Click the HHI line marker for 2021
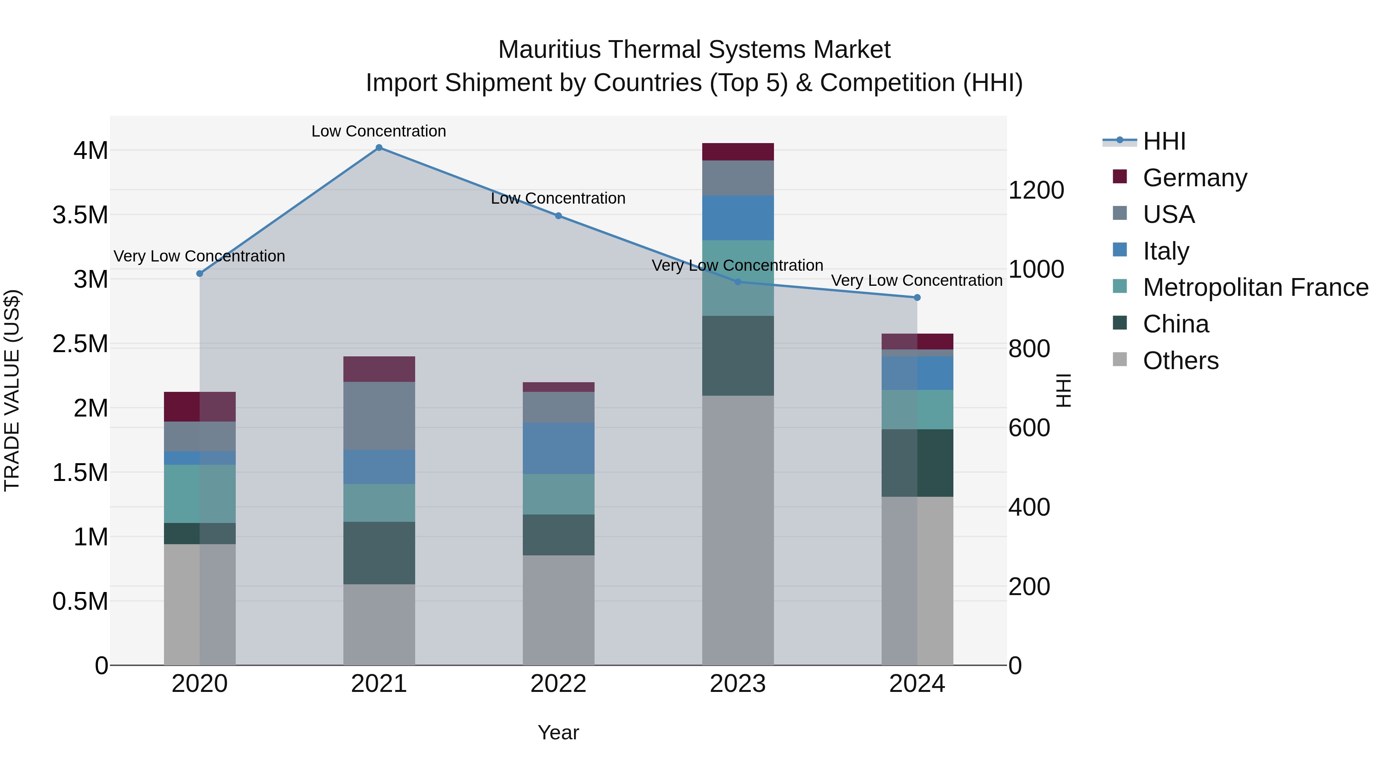(x=379, y=148)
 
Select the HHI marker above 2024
(x=917, y=297)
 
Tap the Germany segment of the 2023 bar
(x=738, y=152)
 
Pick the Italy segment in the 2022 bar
(x=559, y=449)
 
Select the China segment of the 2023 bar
(x=738, y=356)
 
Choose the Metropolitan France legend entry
(x=1255, y=287)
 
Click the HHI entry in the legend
(x=1164, y=141)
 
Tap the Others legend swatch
(x=1120, y=359)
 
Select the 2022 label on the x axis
(x=559, y=684)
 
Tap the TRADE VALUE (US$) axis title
(x=12, y=390)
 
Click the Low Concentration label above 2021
(x=379, y=131)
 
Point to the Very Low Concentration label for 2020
(x=199, y=256)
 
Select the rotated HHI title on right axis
(x=1063, y=390)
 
